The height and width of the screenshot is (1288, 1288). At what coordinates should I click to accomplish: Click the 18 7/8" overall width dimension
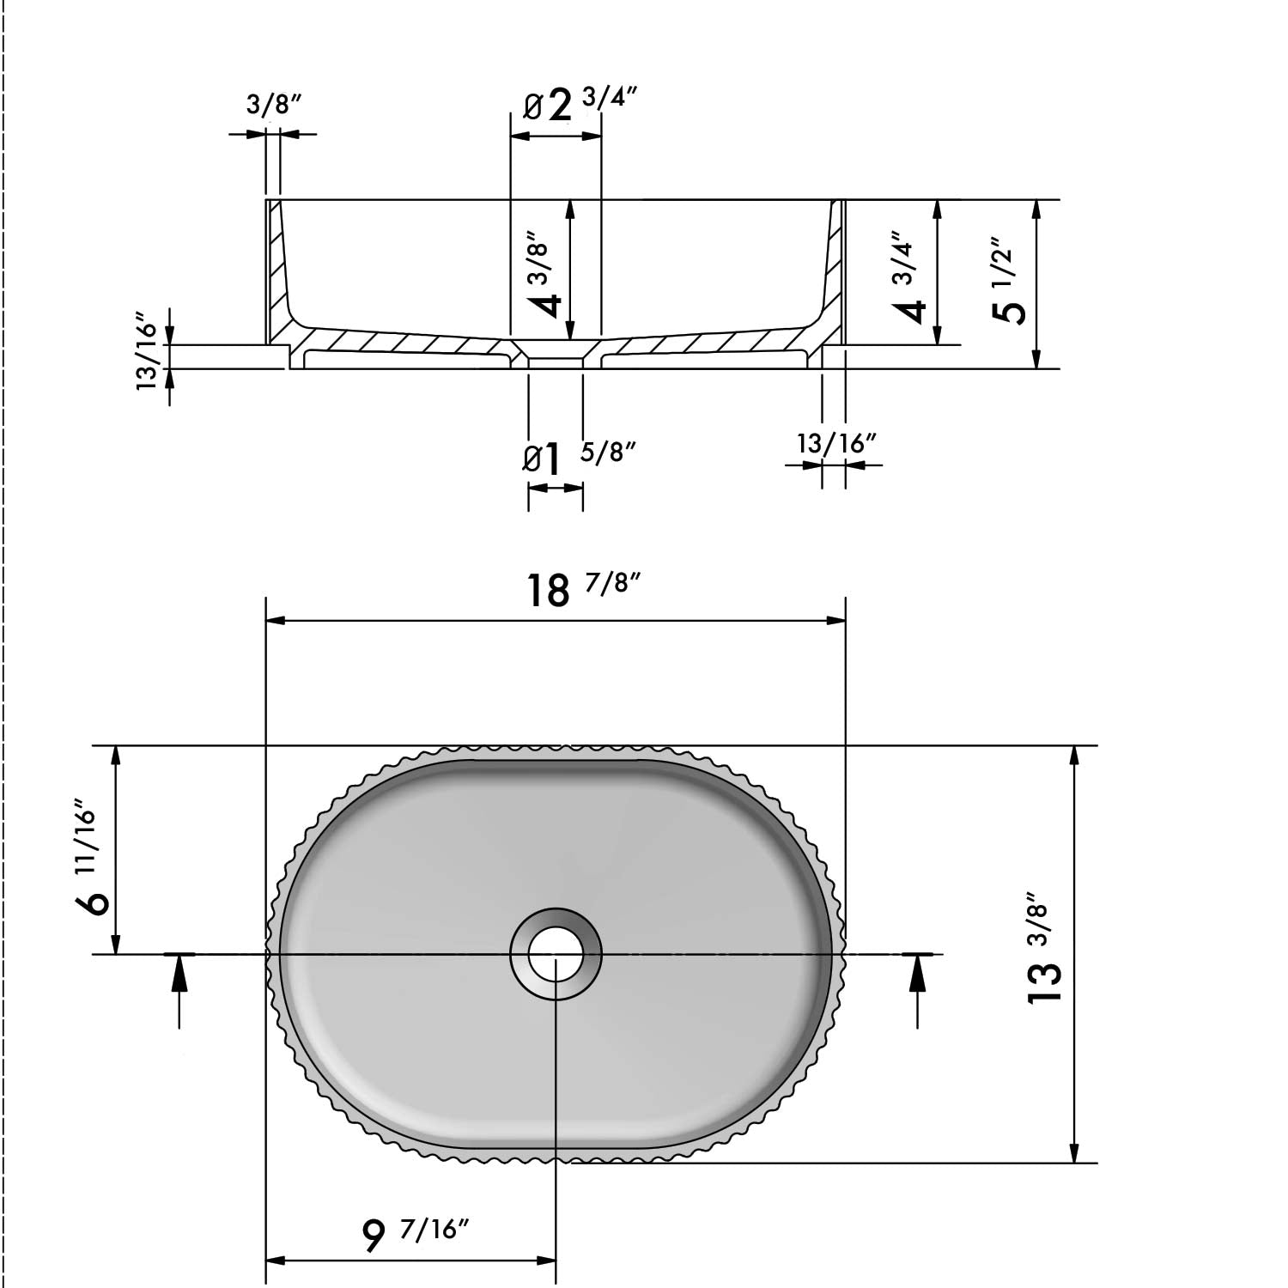[582, 589]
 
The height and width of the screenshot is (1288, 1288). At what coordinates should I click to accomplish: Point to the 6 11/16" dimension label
[93, 859]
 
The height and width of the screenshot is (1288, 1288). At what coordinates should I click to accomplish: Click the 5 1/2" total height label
[1007, 280]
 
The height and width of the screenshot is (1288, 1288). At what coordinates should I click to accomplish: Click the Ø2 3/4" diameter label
[580, 105]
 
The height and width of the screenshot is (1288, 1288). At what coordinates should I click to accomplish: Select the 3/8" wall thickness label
[274, 106]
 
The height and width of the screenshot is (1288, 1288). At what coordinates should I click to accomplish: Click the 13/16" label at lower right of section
[836, 444]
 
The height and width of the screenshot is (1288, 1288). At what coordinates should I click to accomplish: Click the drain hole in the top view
[556, 953]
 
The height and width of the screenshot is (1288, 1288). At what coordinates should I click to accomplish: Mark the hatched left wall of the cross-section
[278, 266]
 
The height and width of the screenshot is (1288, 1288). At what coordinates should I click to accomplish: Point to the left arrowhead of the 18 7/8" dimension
[274, 621]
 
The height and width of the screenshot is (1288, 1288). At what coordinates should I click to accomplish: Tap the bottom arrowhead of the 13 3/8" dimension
[1073, 1155]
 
